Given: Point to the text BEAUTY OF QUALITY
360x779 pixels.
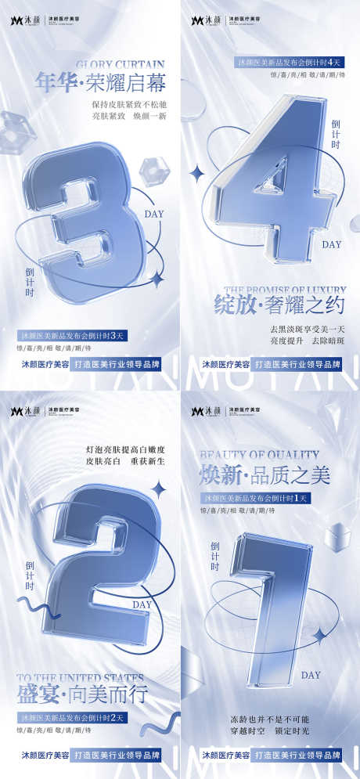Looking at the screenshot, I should (249, 455).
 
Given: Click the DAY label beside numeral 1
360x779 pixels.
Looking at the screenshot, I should (311, 674).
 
